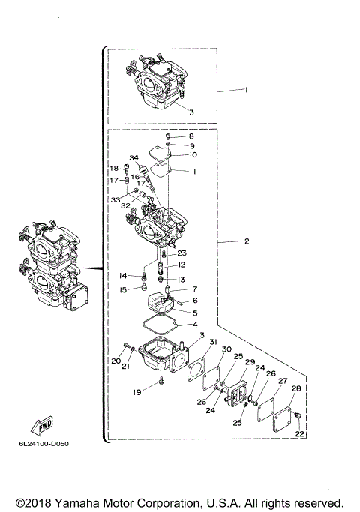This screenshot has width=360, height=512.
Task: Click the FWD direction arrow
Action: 41,426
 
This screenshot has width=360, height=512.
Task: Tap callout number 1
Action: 244,89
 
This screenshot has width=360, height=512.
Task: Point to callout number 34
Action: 134,157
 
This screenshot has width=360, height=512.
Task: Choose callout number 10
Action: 193,155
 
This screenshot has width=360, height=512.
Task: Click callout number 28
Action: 296,388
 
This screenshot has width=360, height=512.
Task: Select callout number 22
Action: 300,434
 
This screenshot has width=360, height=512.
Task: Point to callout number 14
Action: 121,276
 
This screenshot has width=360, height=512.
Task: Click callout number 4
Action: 195,325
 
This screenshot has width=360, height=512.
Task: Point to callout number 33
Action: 115,200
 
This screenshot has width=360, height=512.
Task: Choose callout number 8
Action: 191,136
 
